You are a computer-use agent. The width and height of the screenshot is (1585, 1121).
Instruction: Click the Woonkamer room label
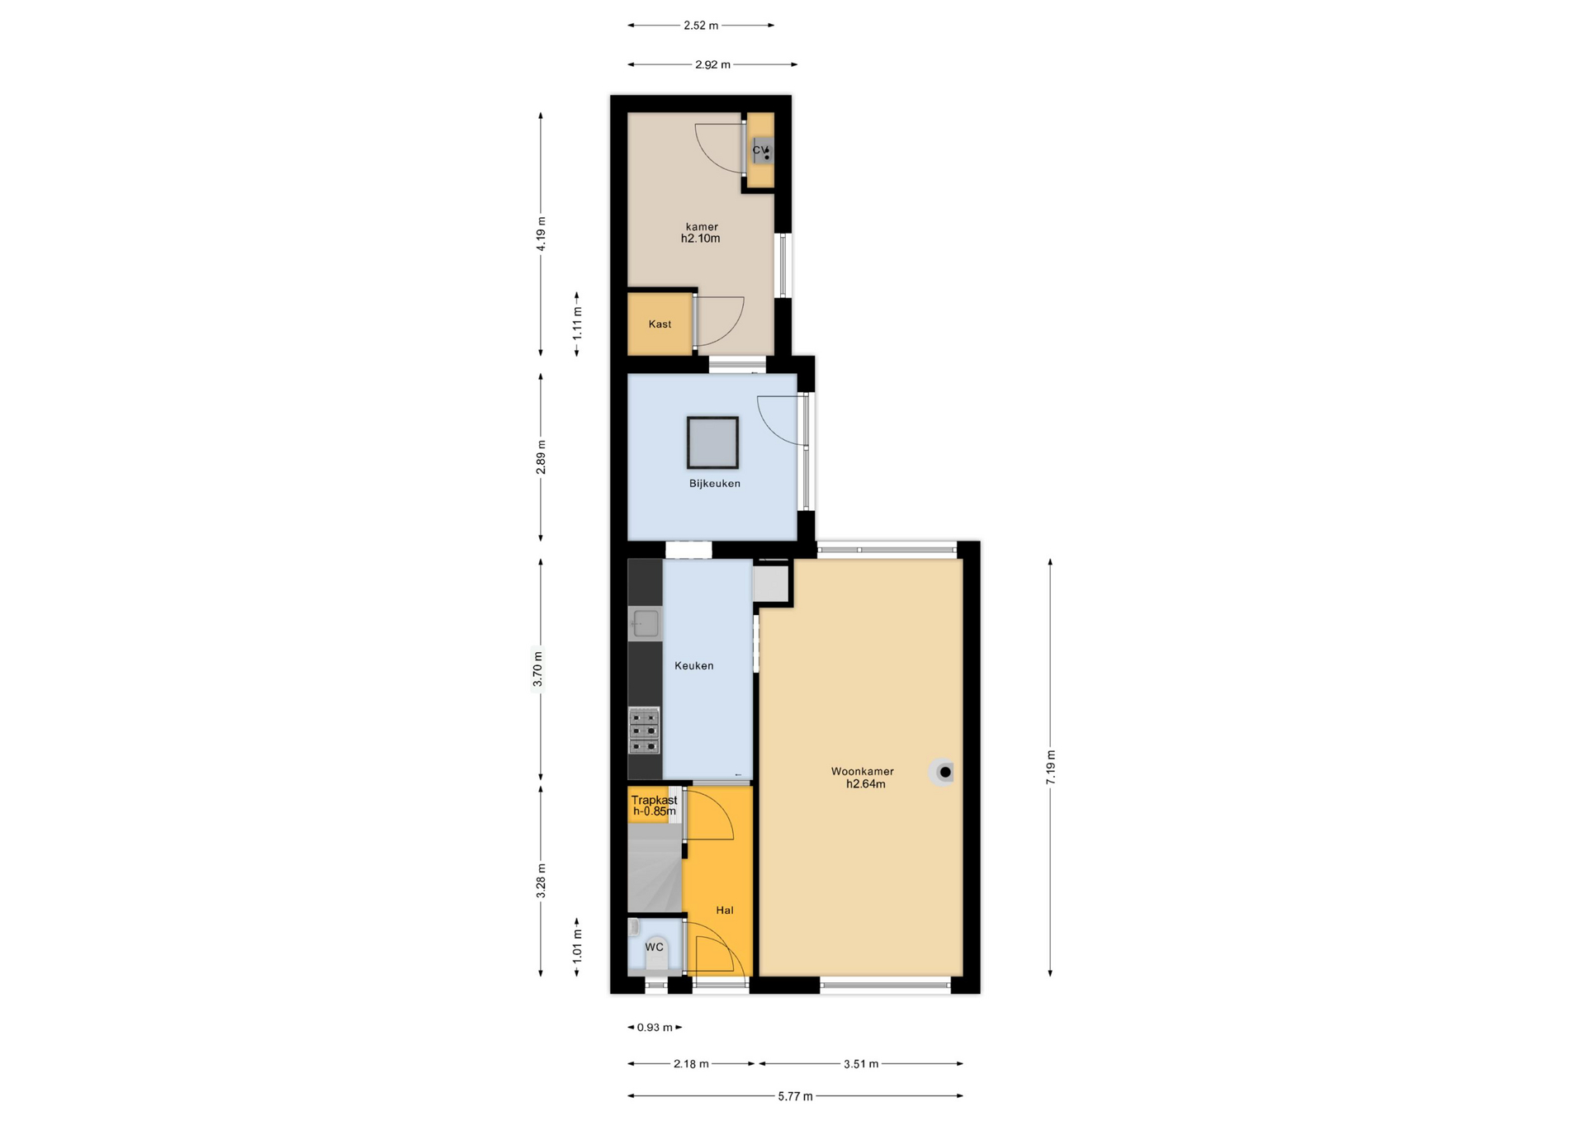(x=862, y=772)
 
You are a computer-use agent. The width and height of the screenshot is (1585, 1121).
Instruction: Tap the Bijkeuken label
(x=715, y=484)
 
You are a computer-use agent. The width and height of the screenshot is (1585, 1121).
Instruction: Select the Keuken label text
(x=694, y=666)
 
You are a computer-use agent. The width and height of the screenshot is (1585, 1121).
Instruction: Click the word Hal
(x=725, y=911)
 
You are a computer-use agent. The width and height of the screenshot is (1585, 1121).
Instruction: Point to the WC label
(x=655, y=947)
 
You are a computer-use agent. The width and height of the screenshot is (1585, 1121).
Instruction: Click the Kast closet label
(x=660, y=324)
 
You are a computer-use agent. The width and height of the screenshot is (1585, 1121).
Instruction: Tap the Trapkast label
(x=655, y=800)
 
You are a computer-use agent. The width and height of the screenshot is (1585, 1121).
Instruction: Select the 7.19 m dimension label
(x=1051, y=768)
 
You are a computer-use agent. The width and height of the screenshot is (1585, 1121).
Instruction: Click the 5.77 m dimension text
(x=795, y=1096)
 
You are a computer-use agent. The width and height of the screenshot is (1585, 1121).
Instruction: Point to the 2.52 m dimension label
(x=701, y=26)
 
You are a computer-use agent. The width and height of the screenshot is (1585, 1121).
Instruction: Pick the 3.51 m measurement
(x=861, y=1064)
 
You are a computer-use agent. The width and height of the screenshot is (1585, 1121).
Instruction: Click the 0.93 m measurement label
(x=655, y=1028)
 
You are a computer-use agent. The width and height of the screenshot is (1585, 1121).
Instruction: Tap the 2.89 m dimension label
(x=542, y=457)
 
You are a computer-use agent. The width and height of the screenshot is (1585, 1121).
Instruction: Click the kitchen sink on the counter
(x=646, y=623)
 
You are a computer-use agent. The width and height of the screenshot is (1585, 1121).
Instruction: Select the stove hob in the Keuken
(x=645, y=731)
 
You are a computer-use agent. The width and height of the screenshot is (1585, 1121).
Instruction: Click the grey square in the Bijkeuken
(x=712, y=442)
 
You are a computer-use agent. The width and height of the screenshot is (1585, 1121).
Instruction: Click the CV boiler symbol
(x=763, y=151)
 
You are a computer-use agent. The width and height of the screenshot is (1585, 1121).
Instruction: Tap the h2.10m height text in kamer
(x=701, y=239)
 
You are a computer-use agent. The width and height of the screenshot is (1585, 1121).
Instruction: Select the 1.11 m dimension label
(x=578, y=323)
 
